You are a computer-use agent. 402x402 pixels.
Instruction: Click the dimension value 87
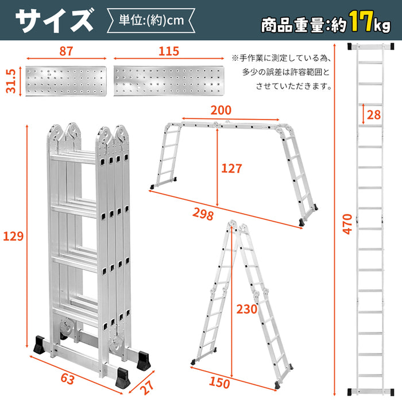click(66, 51)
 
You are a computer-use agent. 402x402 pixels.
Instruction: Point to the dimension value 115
click(168, 51)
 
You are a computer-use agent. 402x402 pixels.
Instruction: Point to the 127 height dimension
click(231, 168)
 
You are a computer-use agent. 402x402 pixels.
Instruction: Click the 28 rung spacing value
click(374, 114)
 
